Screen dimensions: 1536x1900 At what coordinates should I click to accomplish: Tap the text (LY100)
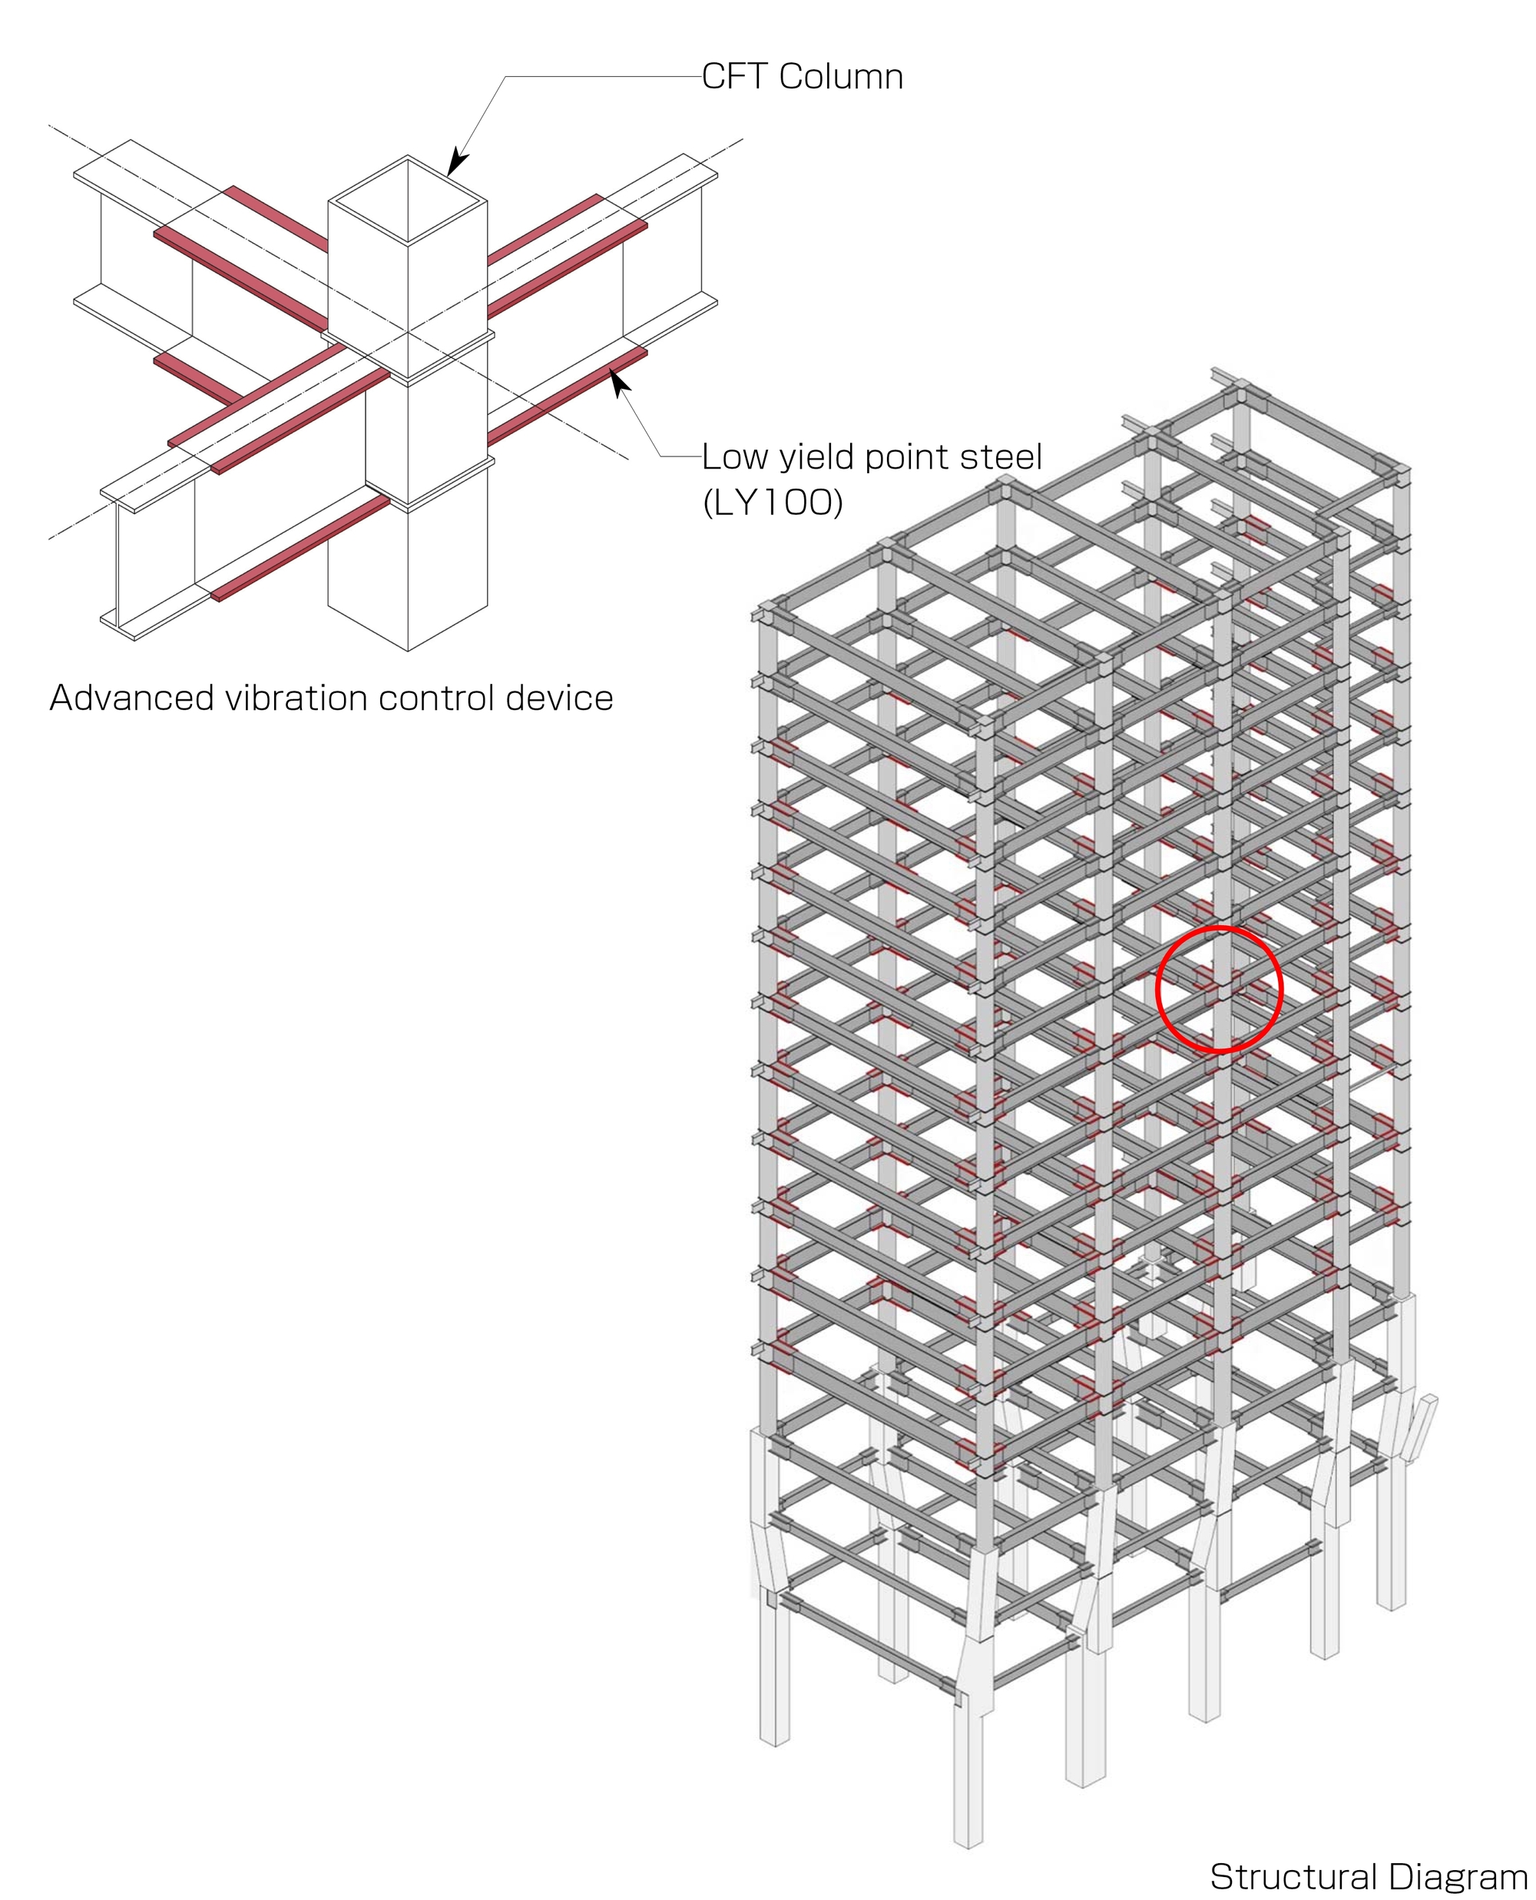click(x=773, y=502)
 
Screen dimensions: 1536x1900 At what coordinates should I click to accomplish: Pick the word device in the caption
click(x=559, y=698)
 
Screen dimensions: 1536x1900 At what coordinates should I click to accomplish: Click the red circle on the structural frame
click(x=1220, y=990)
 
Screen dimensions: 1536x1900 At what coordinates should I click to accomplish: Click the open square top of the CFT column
click(x=407, y=201)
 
